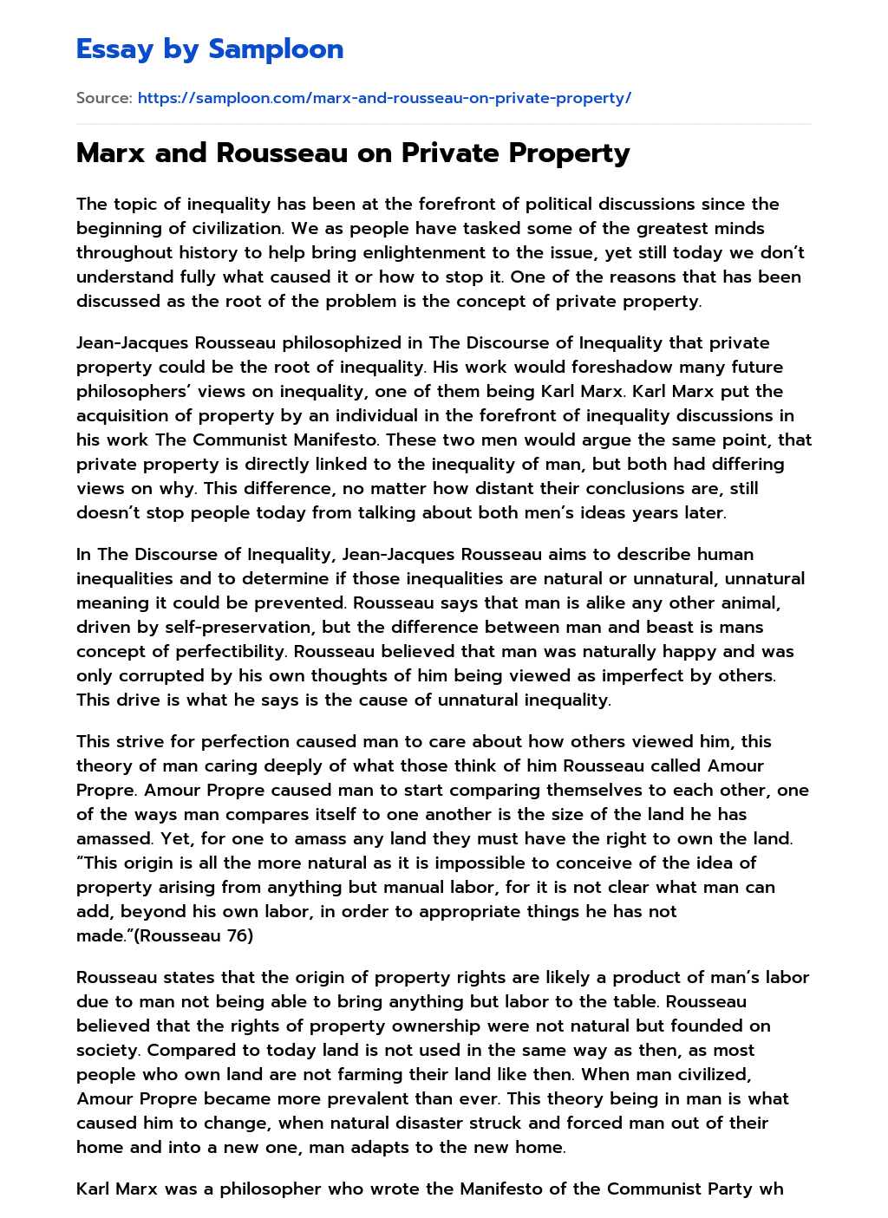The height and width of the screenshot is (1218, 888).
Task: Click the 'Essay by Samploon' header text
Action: pos(210,49)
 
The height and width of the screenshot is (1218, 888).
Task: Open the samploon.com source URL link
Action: pos(384,98)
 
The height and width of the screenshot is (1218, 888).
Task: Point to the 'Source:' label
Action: pos(104,98)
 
